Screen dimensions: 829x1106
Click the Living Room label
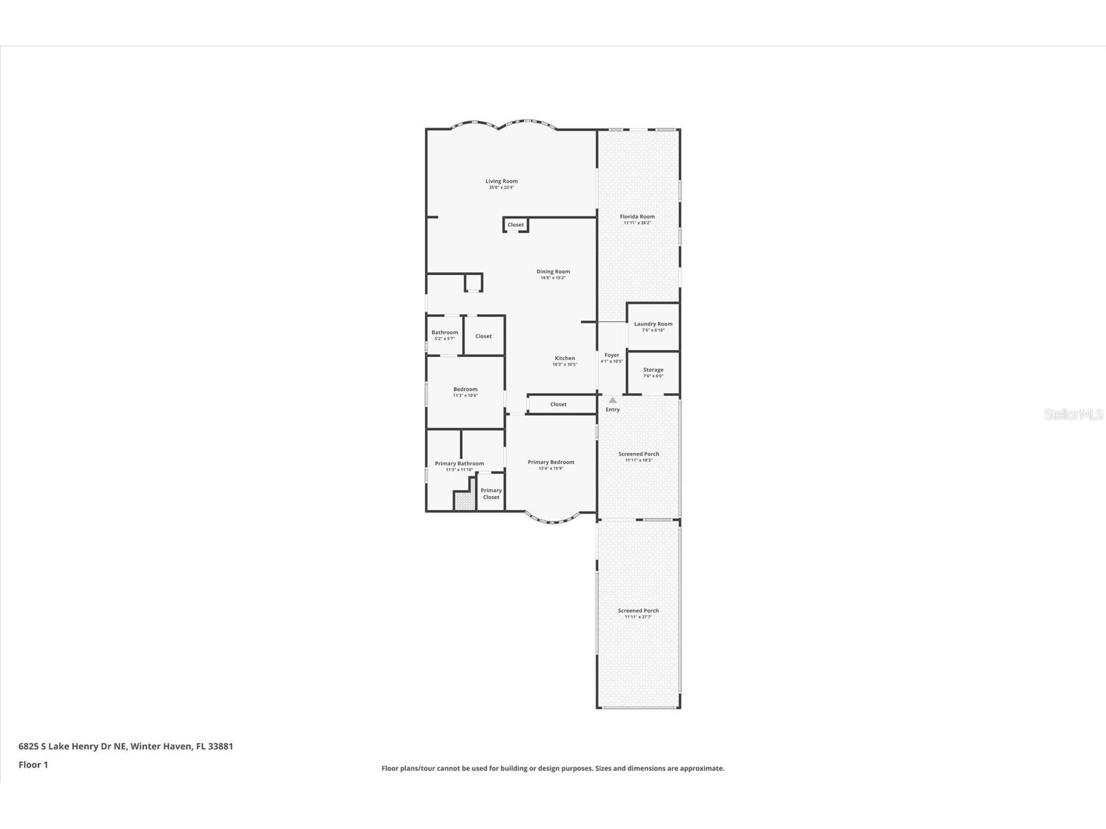pos(501,181)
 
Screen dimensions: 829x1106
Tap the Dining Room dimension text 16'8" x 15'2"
pos(553,278)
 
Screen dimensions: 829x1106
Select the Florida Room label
pos(637,216)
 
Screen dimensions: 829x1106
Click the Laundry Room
pos(653,327)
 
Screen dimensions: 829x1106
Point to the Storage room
pos(653,372)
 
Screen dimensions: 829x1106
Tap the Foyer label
pos(611,355)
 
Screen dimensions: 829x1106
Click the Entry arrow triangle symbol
pos(612,400)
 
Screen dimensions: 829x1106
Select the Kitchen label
pos(564,358)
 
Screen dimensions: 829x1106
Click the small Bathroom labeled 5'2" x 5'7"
pos(444,335)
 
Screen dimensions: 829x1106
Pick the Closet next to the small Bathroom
pos(484,336)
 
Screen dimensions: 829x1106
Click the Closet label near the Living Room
pos(516,225)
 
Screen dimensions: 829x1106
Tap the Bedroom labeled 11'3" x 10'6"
pos(465,392)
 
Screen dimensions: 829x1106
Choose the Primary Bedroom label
pos(551,462)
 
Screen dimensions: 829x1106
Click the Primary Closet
pos(491,494)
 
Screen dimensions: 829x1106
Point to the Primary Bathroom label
pos(459,463)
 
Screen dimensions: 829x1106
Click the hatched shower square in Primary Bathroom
pos(462,501)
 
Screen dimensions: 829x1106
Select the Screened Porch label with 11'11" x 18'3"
pos(638,454)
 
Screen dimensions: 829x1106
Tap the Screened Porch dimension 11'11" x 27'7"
pos(638,617)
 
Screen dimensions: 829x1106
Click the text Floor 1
pos(33,764)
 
